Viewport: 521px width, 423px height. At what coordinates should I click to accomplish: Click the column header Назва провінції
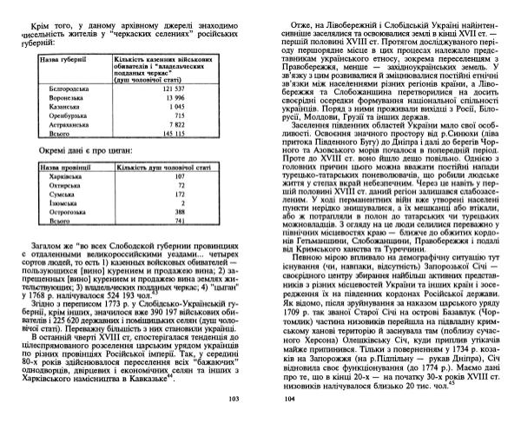60,163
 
